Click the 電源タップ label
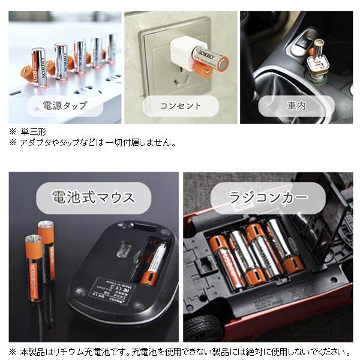[x=64, y=106]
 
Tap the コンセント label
[x=180, y=106]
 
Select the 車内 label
[x=296, y=106]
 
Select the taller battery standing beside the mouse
[x=47, y=252]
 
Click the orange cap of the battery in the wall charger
[x=203, y=73]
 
